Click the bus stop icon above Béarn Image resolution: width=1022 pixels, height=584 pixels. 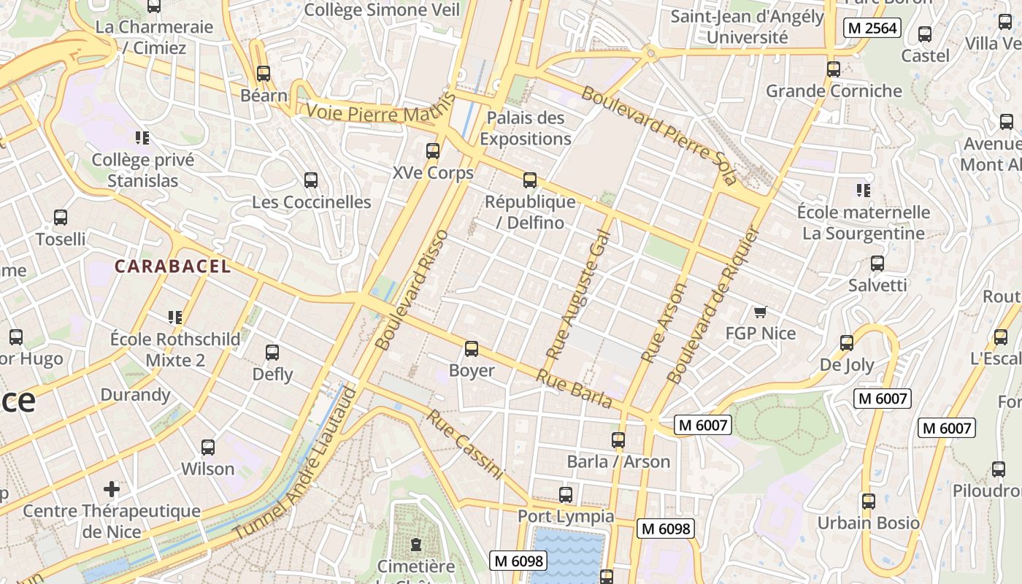tap(264, 74)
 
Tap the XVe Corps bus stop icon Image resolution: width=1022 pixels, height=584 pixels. tap(433, 151)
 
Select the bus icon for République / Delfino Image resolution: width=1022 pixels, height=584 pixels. tap(530, 180)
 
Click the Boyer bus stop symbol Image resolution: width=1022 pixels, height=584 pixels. tap(472, 349)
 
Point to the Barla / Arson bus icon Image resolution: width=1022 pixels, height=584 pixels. tap(618, 439)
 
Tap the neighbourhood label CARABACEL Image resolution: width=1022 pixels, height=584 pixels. tap(173, 266)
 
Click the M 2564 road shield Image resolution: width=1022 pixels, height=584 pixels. tap(872, 28)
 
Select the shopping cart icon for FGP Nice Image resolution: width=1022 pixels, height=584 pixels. tap(761, 312)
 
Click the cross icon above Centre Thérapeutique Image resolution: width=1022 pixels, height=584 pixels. tap(112, 488)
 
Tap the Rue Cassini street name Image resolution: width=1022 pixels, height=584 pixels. tap(465, 445)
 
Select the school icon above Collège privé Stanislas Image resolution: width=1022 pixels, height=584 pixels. tap(142, 137)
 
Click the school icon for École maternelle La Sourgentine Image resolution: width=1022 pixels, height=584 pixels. tap(864, 191)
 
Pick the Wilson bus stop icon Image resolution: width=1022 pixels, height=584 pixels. tap(208, 447)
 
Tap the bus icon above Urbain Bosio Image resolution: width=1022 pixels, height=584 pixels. tap(868, 502)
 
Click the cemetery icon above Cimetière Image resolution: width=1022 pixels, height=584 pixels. tap(416, 544)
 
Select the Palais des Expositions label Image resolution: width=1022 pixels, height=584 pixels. tap(526, 128)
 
